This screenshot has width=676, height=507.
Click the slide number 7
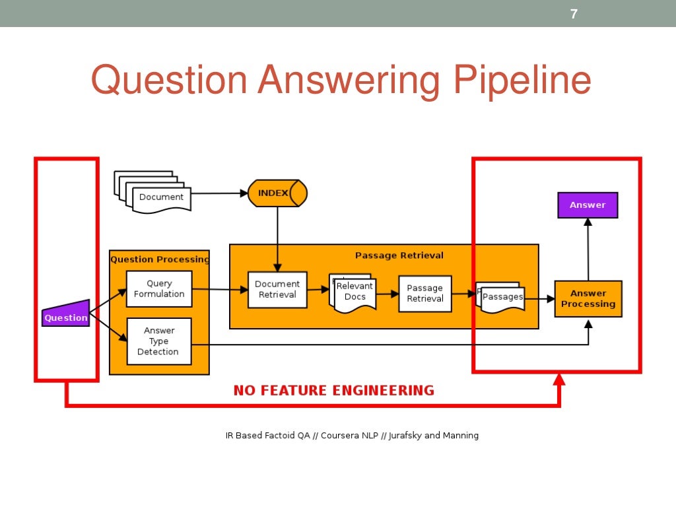[x=574, y=14]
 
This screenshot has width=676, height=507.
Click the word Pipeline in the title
[x=522, y=81]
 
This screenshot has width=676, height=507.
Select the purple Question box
[x=66, y=316]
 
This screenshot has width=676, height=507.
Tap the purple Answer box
[x=588, y=205]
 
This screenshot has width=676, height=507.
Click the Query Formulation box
[x=159, y=289]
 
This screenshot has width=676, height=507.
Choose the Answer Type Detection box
[x=158, y=341]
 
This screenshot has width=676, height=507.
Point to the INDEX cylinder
[x=277, y=193]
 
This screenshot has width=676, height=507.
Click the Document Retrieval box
[x=277, y=290]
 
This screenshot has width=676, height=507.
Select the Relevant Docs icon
[x=354, y=292]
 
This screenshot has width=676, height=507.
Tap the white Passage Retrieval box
[x=424, y=294]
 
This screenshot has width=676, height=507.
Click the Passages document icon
[x=502, y=298]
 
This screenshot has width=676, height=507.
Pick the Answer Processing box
[x=588, y=299]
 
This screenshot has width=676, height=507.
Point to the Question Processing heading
[x=159, y=259]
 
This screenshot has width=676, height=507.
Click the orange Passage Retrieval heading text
[x=399, y=255]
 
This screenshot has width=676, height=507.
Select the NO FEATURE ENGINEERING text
[x=333, y=391]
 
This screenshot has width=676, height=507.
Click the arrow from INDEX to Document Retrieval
[x=277, y=238]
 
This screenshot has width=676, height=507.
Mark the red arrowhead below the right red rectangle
[x=559, y=379]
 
